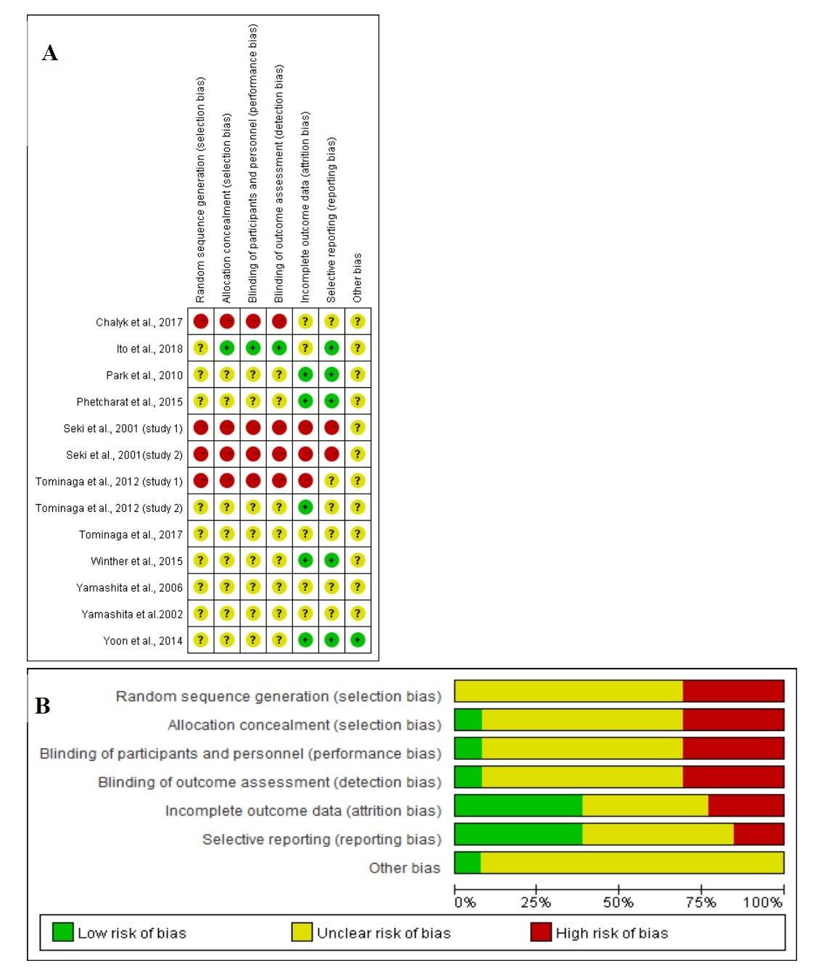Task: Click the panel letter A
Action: (50, 53)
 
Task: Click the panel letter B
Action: (43, 706)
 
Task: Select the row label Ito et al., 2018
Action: (149, 349)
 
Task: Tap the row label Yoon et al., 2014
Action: (143, 641)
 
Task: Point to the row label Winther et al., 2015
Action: (136, 561)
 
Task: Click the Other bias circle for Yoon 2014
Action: (358, 640)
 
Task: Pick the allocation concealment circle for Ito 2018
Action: (227, 348)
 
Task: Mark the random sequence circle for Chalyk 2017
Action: (201, 321)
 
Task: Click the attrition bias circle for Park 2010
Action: (305, 375)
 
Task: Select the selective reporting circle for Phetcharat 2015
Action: (331, 401)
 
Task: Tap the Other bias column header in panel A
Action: (357, 278)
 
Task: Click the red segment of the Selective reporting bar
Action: (759, 834)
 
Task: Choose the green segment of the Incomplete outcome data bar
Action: (518, 806)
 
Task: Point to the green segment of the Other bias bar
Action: (467, 863)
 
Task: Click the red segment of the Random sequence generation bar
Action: (733, 691)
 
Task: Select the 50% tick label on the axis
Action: (618, 903)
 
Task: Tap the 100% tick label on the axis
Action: (762, 903)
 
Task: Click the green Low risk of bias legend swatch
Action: (63, 932)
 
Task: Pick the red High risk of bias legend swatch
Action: (541, 932)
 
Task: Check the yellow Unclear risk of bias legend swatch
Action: (302, 932)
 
